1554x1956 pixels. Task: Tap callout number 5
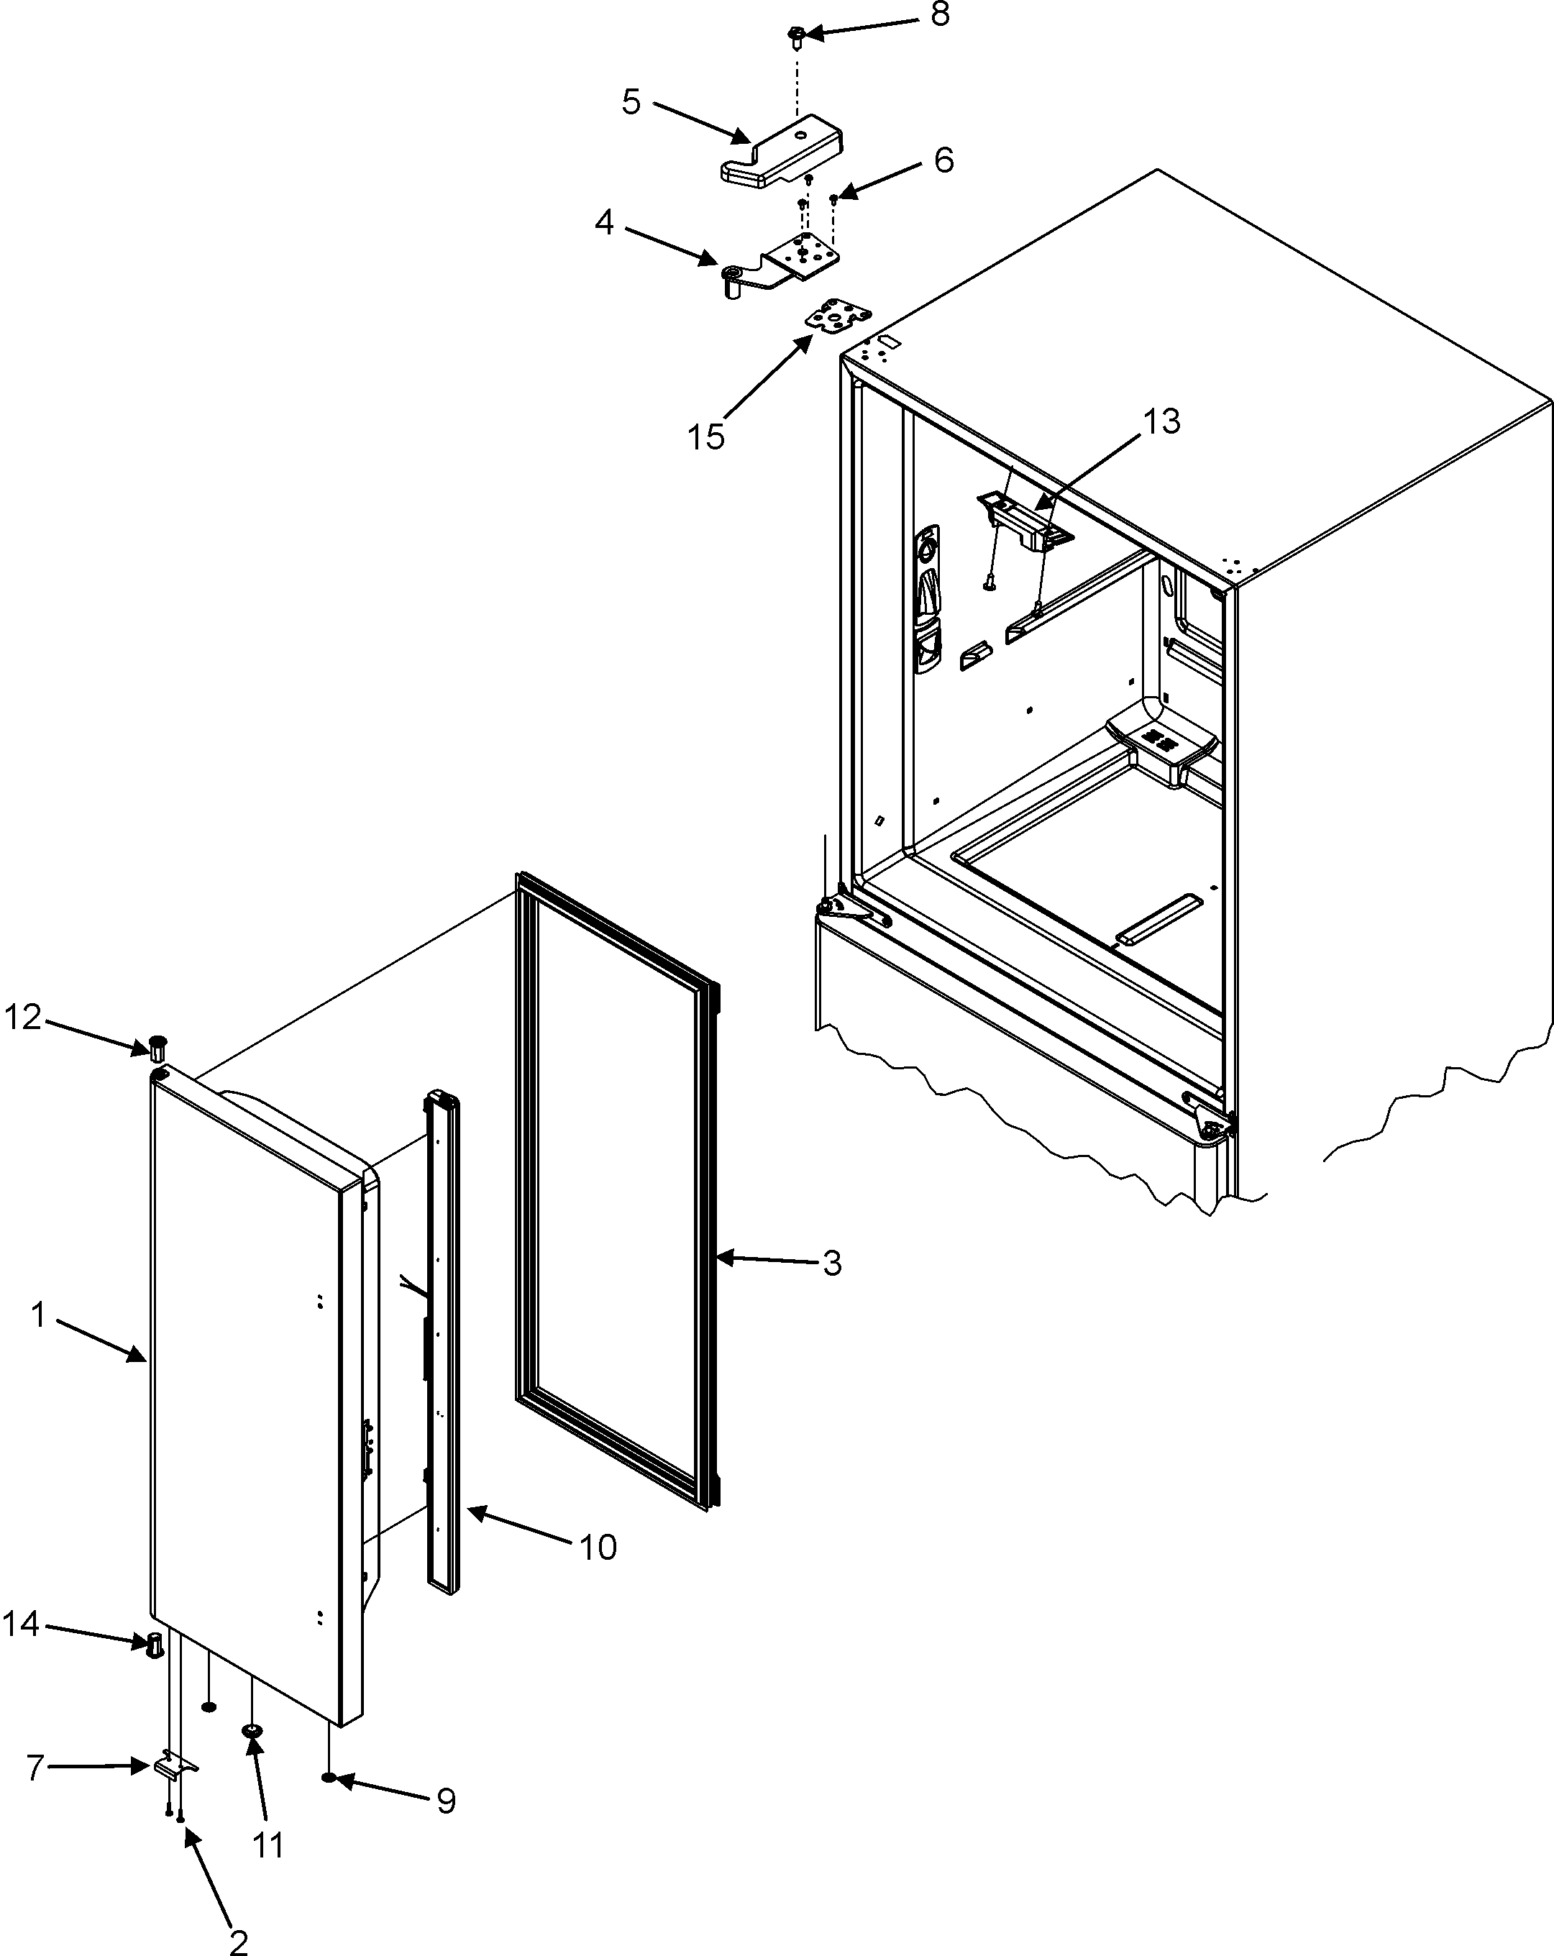pyautogui.click(x=631, y=101)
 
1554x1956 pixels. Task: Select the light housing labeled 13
pyautogui.click(x=1023, y=521)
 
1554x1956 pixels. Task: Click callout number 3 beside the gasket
pyautogui.click(x=832, y=1263)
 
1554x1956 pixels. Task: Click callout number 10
pyautogui.click(x=598, y=1547)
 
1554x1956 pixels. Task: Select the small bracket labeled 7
pyautogui.click(x=173, y=1766)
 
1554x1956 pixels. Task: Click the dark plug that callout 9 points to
pyautogui.click(x=329, y=1777)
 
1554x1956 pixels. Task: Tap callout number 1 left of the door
pyautogui.click(x=38, y=1314)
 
